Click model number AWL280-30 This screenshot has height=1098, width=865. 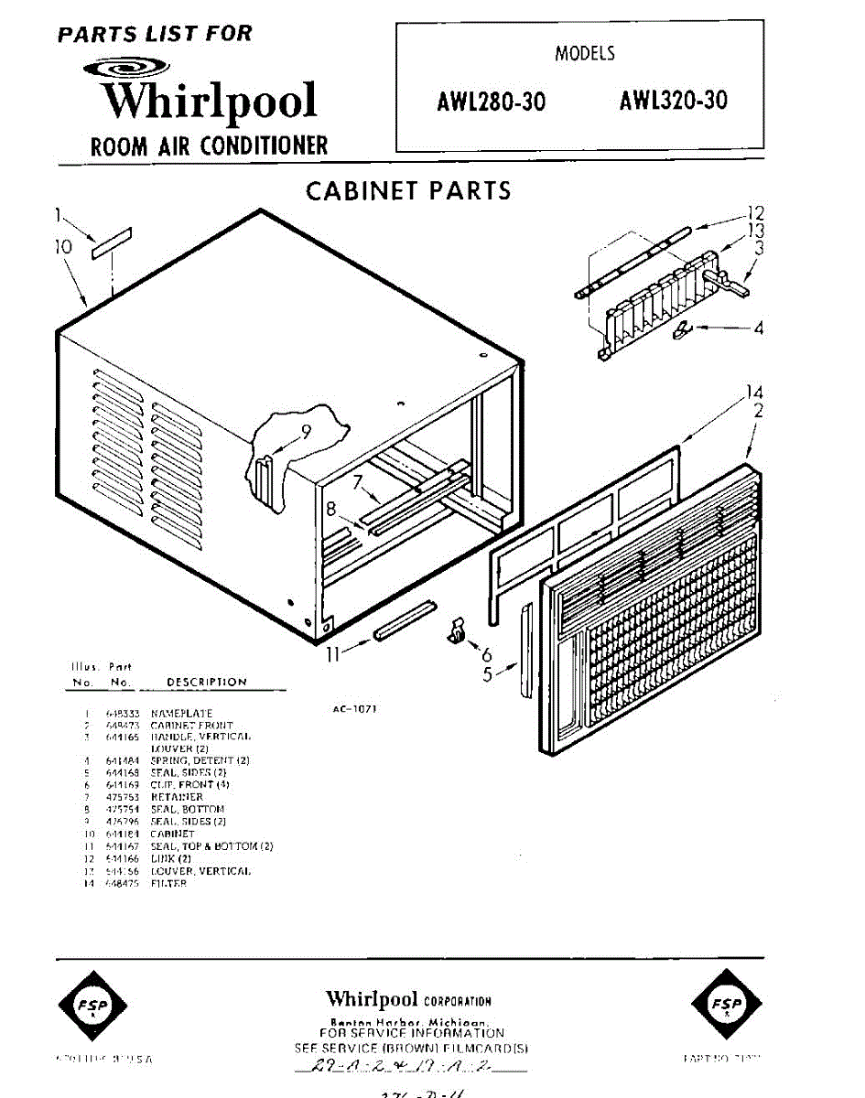[491, 102]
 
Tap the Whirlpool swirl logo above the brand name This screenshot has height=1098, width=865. [125, 67]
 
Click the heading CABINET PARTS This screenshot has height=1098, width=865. [408, 191]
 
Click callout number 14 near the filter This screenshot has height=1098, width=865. [753, 393]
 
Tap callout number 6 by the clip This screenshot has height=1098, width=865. [487, 654]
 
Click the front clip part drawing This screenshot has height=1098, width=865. [456, 630]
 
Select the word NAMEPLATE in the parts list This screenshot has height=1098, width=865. [181, 713]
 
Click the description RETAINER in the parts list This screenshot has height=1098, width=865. [177, 797]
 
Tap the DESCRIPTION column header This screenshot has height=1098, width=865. [207, 682]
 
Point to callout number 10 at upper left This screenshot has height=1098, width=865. [62, 246]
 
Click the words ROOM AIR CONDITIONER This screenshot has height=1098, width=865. [209, 145]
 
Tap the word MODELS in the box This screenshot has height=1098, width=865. [585, 54]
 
